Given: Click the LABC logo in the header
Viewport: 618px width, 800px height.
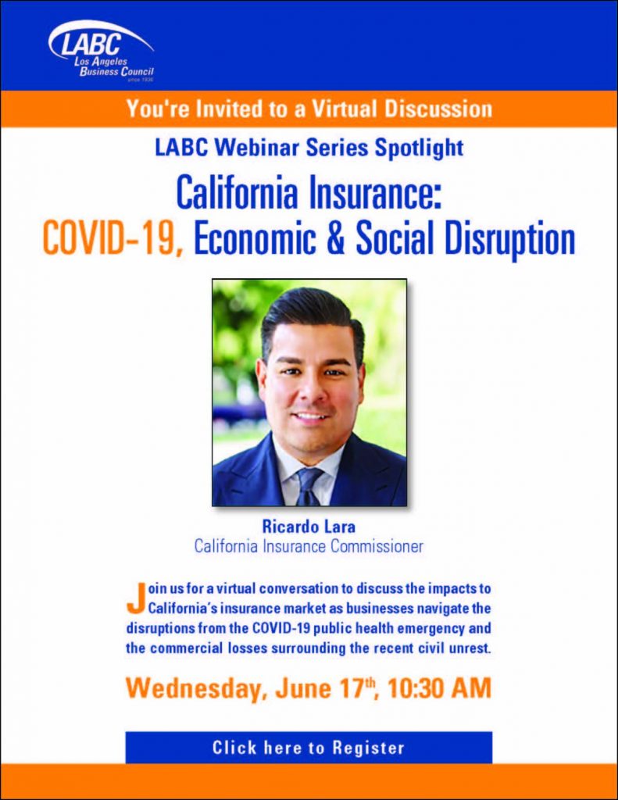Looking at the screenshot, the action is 101,51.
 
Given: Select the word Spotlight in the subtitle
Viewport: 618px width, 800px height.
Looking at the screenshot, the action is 419,148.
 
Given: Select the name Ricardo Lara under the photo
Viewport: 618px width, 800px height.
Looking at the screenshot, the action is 309,526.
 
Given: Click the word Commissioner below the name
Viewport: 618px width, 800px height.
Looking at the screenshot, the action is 377,546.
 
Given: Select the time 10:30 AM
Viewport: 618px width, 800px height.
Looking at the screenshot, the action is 439,688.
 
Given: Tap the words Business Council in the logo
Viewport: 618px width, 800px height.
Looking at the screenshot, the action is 116,72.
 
